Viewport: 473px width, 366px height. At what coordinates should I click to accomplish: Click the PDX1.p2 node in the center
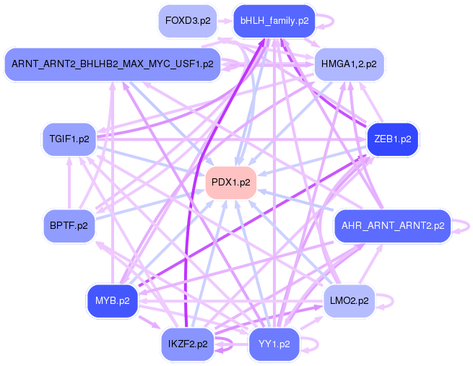(230, 182)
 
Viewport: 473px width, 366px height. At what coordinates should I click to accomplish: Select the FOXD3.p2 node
(188, 21)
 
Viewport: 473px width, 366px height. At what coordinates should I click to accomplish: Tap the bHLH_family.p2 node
(274, 21)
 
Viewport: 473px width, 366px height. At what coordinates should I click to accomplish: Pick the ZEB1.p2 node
(392, 139)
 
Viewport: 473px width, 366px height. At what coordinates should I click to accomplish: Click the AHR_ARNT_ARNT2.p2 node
(391, 226)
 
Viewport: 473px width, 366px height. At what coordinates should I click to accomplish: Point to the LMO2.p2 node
(349, 300)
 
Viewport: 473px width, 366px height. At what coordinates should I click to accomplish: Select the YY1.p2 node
(274, 344)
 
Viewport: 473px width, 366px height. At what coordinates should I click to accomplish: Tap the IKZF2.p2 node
(187, 344)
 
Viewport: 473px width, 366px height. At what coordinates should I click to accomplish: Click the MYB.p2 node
(112, 300)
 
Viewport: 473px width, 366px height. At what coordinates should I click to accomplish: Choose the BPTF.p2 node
(69, 226)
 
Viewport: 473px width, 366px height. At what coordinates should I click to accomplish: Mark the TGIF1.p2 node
(69, 139)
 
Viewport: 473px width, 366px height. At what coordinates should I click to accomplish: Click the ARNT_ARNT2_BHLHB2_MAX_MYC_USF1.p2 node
(112, 64)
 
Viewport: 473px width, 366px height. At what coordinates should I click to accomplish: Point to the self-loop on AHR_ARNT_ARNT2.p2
(463, 226)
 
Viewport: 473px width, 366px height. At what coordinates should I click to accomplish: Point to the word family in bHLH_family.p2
(282, 21)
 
